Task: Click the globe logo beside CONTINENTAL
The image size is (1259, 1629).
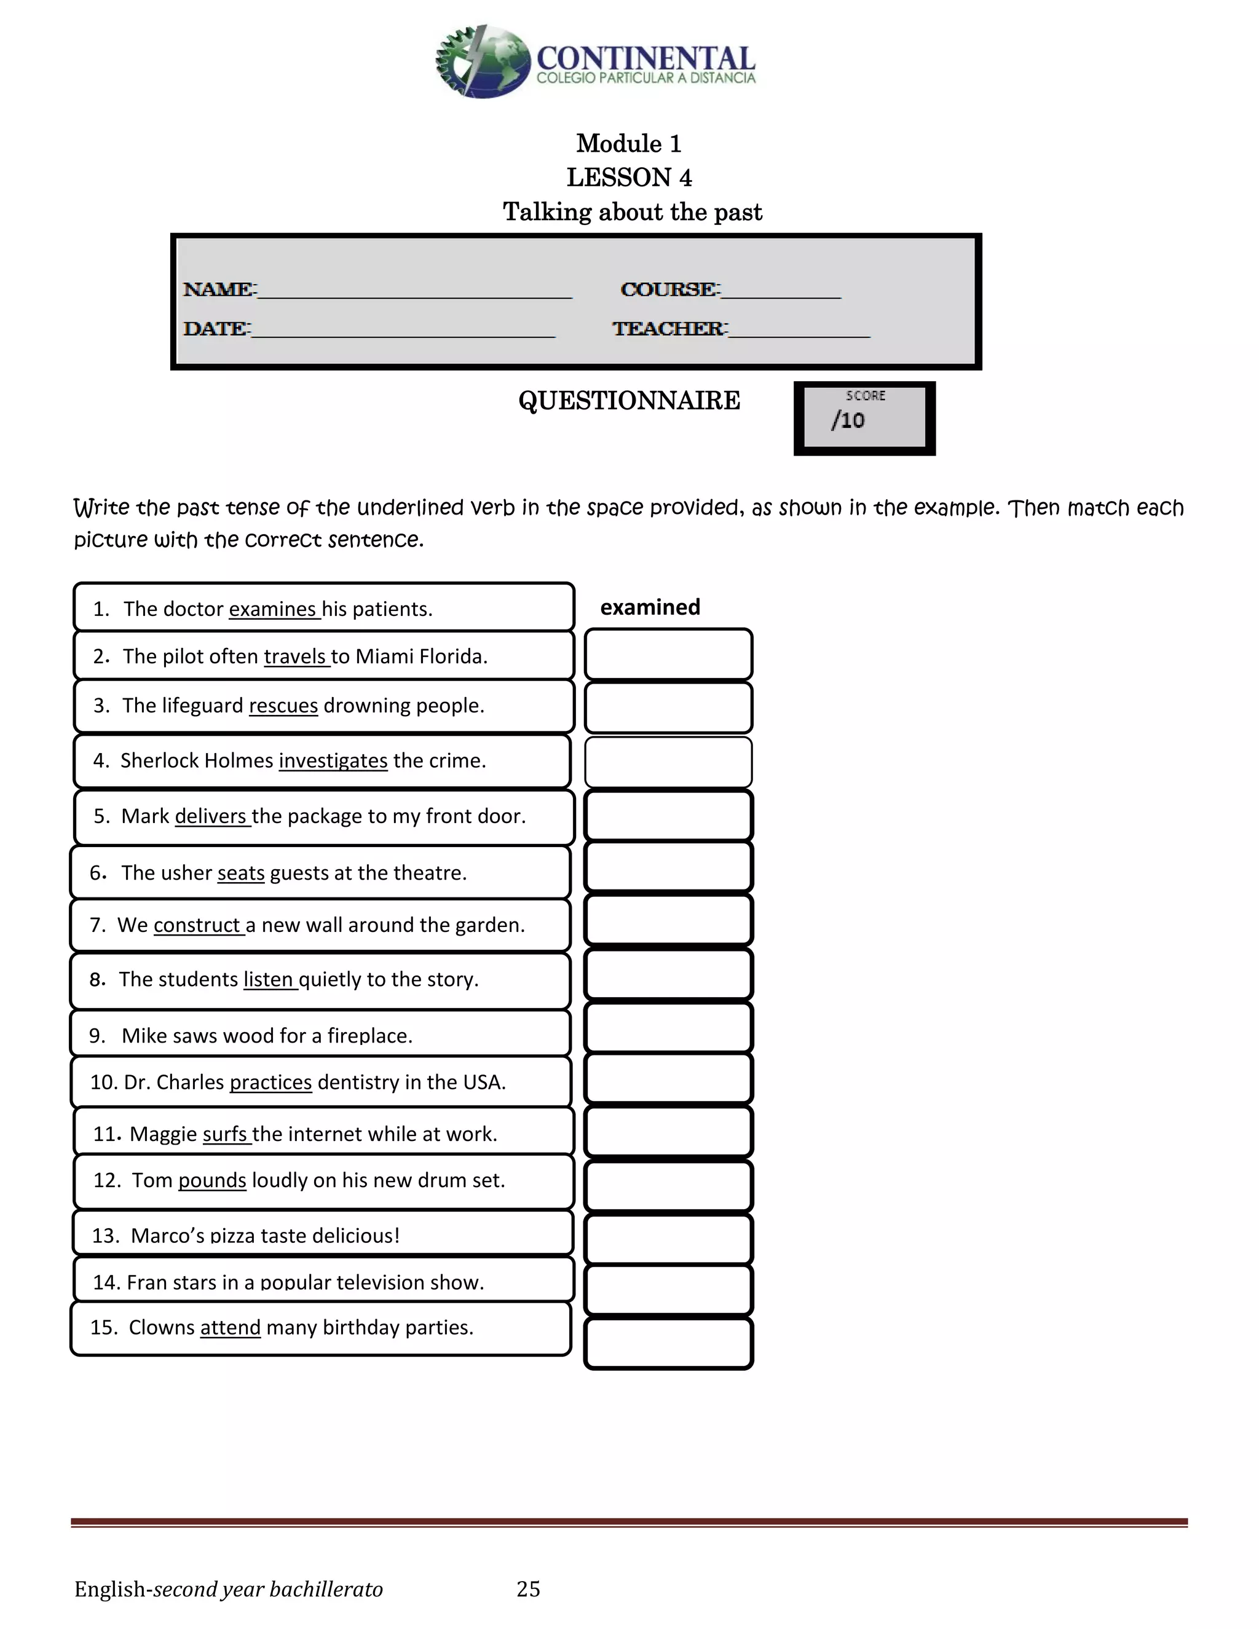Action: (483, 62)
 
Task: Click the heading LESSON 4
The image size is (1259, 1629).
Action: (629, 178)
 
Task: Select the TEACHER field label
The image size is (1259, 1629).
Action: (668, 329)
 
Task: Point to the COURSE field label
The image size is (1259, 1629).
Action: (669, 290)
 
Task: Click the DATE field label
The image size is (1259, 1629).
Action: (216, 329)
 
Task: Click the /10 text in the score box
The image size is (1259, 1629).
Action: (848, 420)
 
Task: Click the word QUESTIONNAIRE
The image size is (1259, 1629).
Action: (629, 401)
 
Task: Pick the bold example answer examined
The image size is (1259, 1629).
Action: (650, 607)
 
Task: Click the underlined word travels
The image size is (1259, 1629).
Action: (294, 657)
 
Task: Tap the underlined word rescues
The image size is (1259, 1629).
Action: (283, 706)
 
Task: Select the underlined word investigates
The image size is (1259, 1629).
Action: (333, 761)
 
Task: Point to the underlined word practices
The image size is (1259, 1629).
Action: (270, 1083)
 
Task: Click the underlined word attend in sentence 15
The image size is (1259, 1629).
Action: (231, 1328)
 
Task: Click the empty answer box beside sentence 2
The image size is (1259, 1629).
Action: (668, 655)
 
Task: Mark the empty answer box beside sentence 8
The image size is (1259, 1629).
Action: (668, 974)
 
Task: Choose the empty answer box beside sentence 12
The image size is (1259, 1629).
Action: (668, 1186)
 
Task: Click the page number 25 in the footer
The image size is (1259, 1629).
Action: (528, 1590)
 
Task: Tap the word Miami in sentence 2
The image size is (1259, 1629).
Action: (385, 657)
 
